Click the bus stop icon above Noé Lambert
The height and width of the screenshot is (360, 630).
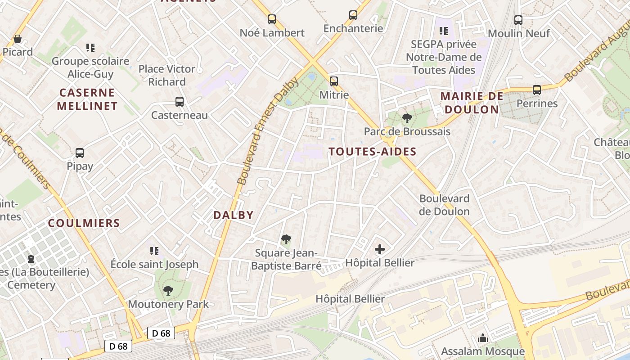(x=271, y=19)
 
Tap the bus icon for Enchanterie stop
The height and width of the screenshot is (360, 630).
(x=353, y=15)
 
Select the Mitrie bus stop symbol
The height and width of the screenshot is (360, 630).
(x=333, y=81)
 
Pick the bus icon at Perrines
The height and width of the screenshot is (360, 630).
(x=537, y=90)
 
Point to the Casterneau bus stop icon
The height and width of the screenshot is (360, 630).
(x=180, y=102)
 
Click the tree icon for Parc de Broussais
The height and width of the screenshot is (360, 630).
(x=407, y=118)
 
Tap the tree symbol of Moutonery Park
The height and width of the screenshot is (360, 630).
(x=168, y=291)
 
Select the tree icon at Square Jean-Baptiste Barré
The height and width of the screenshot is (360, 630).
(x=286, y=239)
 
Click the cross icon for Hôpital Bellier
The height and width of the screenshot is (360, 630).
(x=380, y=249)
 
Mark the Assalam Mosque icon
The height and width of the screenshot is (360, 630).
(x=483, y=338)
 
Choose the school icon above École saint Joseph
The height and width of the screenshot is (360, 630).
(x=154, y=251)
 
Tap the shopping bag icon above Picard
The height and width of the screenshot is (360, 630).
(x=18, y=39)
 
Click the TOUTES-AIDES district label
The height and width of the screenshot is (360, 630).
(x=373, y=152)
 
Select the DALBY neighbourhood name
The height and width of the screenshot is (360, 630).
(x=234, y=215)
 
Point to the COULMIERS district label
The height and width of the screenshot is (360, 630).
(x=84, y=223)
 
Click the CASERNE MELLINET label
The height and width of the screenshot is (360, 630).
(x=88, y=99)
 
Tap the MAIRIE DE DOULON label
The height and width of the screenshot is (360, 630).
(x=471, y=103)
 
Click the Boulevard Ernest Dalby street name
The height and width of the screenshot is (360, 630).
(x=268, y=130)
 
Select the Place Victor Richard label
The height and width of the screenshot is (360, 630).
(x=167, y=75)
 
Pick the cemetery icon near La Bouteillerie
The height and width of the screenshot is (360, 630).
(x=31, y=259)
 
